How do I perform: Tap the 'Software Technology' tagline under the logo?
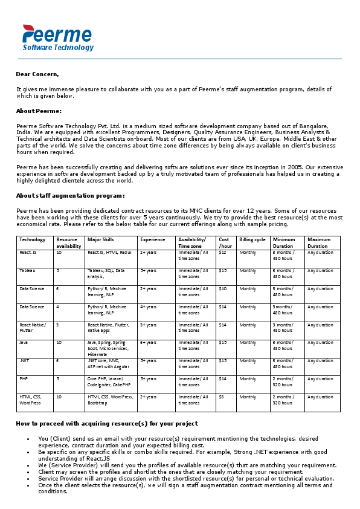[x=58, y=48]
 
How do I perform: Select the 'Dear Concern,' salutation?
[x=37, y=74]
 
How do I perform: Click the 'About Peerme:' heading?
[x=39, y=111]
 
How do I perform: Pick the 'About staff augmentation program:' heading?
[x=71, y=195]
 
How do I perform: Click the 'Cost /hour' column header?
[x=225, y=242]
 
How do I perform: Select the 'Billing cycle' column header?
[x=252, y=239]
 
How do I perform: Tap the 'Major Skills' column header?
[x=101, y=239]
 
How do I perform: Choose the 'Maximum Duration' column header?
[x=318, y=242]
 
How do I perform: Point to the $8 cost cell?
[x=222, y=397]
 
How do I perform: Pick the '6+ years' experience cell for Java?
[x=148, y=343]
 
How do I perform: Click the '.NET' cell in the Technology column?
[x=24, y=361]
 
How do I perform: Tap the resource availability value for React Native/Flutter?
[x=58, y=325]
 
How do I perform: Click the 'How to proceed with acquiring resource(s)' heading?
[x=106, y=424]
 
